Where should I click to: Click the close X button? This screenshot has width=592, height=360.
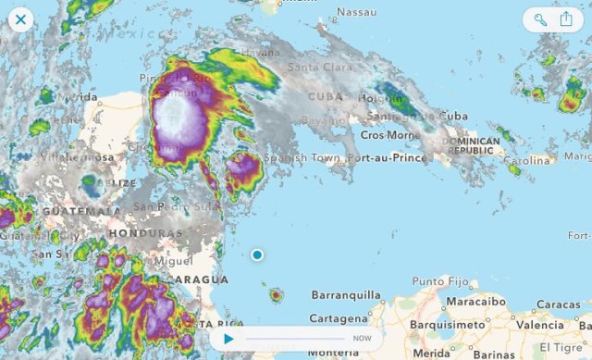(20, 19)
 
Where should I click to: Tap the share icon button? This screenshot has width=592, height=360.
(566, 19)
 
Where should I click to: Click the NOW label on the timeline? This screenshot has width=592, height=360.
(363, 339)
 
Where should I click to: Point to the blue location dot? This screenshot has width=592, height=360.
(257, 254)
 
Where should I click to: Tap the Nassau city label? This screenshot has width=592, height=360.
(357, 12)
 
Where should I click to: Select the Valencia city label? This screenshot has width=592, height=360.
(539, 325)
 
